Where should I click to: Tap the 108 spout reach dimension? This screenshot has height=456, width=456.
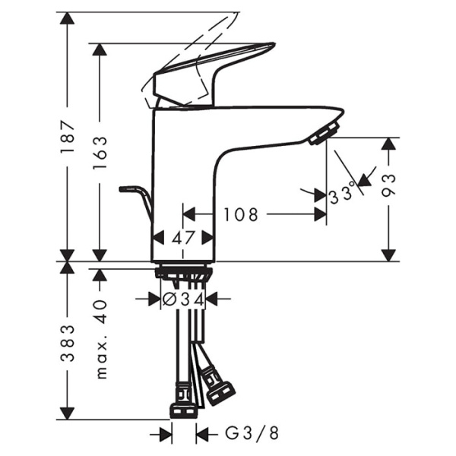pyautogui.click(x=241, y=215)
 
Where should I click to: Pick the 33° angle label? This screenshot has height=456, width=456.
pyautogui.click(x=343, y=195)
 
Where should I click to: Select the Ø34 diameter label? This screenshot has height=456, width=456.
pyautogui.click(x=183, y=299)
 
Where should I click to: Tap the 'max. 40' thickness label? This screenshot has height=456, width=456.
pyautogui.click(x=100, y=338)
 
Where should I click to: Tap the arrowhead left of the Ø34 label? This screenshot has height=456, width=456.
pyautogui.click(x=153, y=299)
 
